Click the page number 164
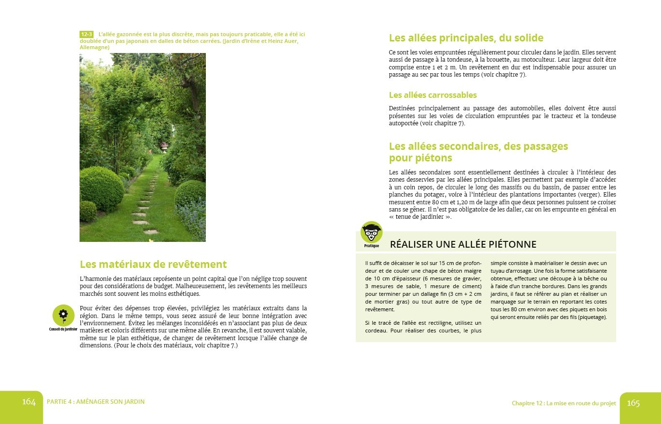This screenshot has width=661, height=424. click(29, 402)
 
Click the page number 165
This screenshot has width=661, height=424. click(633, 403)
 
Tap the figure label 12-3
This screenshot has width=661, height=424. click(87, 35)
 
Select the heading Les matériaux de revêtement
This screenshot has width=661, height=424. click(153, 265)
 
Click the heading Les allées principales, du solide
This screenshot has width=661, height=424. click(466, 38)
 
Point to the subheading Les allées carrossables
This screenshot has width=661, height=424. click(432, 95)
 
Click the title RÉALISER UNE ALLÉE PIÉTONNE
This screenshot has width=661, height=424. click(463, 244)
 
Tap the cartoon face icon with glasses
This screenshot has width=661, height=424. click(371, 232)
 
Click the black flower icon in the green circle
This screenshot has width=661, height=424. click(63, 315)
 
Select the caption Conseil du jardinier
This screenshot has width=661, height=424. click(63, 330)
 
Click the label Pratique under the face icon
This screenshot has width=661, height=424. click(371, 246)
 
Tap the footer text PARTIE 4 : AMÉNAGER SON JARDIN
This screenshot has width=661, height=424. click(95, 402)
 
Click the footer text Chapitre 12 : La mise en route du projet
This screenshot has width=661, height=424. click(564, 403)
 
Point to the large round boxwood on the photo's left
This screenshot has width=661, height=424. click(101, 189)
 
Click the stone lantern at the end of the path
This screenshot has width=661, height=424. click(164, 146)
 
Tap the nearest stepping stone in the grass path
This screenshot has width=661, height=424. click(150, 232)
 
